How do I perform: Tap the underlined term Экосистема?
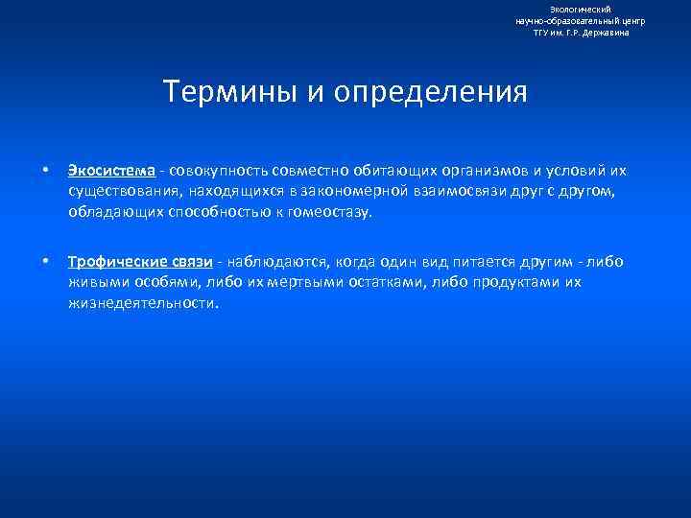tap(111, 172)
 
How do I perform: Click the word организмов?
tap(459, 172)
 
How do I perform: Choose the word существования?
tap(120, 192)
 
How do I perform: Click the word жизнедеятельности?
tap(143, 302)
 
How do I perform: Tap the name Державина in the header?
tap(607, 32)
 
